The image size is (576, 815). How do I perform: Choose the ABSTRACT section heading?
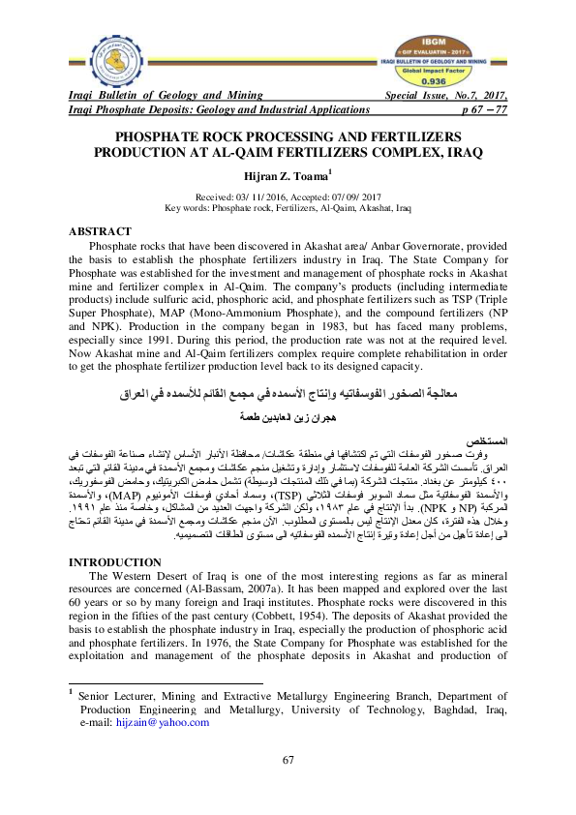100,232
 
